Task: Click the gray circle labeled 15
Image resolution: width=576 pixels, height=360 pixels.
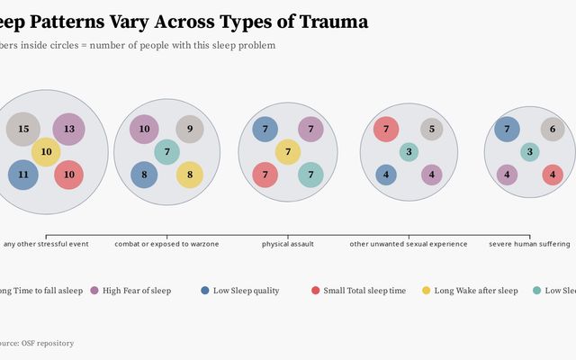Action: pos(23,130)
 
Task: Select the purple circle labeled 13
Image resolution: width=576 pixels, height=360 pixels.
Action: pos(68,130)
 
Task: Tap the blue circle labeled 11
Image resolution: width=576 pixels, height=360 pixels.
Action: pos(23,174)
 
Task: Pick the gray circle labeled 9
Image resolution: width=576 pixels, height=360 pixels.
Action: pos(190,130)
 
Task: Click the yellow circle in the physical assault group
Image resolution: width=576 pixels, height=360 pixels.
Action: pos(288,152)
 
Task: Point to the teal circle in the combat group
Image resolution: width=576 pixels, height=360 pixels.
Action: pos(167,152)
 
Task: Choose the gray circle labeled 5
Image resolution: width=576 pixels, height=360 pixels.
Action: pos(432,130)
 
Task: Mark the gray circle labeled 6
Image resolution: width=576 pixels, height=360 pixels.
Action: pos(553,130)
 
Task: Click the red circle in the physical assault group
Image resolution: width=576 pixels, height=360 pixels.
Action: pos(265,175)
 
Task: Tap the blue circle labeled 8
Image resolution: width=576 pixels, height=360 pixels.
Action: pos(144,175)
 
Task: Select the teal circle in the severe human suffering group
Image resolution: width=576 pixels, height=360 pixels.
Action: pos(530,152)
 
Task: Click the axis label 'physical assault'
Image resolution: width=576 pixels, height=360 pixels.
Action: pos(288,244)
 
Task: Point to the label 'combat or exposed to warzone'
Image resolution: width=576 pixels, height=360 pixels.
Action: pos(166,244)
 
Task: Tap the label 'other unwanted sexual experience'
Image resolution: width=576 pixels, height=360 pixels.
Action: pos(409,244)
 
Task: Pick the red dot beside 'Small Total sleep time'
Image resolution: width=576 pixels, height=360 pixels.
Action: pos(315,291)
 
